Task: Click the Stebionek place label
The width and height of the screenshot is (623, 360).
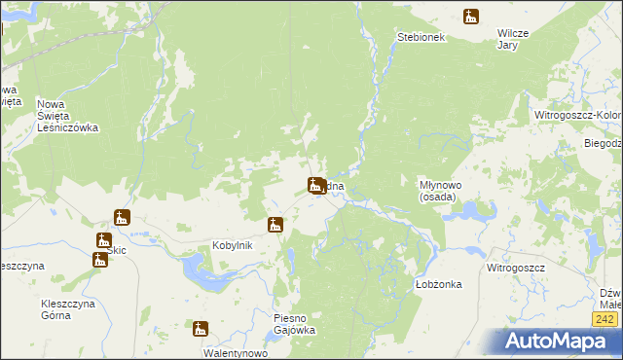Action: [x=421, y=37]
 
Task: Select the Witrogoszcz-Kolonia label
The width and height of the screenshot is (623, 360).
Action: [x=578, y=115]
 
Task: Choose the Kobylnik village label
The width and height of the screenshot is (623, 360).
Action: [x=233, y=245]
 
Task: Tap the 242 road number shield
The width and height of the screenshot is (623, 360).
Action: [x=605, y=318]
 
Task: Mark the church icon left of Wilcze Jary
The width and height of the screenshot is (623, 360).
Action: [x=471, y=16]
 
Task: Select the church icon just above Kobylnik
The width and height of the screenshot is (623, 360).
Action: [x=276, y=225]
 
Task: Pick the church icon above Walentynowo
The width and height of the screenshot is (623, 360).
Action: [x=201, y=329]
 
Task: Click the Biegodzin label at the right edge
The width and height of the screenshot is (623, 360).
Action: [x=603, y=143]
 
